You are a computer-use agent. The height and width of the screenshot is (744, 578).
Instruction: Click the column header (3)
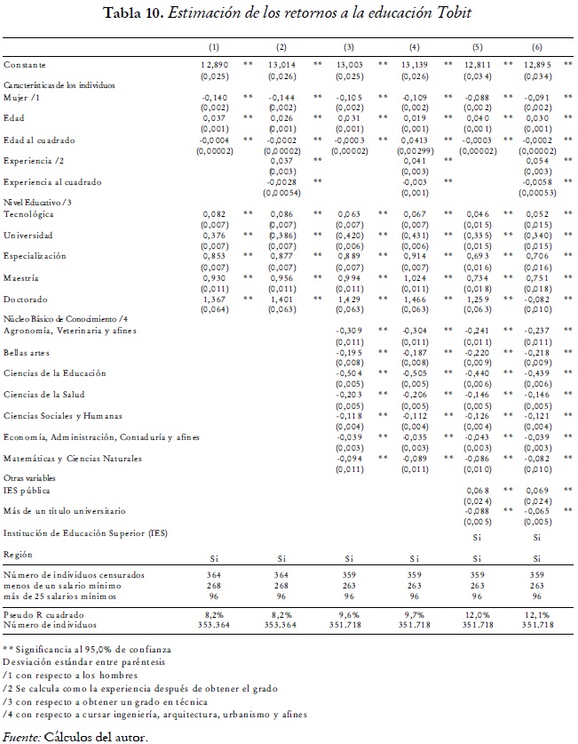(x=349, y=45)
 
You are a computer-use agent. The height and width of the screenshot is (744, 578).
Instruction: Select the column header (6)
(x=537, y=45)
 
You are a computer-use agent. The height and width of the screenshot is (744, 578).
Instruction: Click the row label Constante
(x=24, y=65)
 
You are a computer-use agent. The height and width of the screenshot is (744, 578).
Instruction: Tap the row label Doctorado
(x=25, y=300)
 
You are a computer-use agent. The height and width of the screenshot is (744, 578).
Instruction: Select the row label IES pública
(x=27, y=491)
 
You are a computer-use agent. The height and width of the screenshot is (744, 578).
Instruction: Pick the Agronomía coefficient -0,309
(x=349, y=331)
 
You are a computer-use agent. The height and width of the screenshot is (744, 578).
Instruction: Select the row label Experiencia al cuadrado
(x=51, y=182)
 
